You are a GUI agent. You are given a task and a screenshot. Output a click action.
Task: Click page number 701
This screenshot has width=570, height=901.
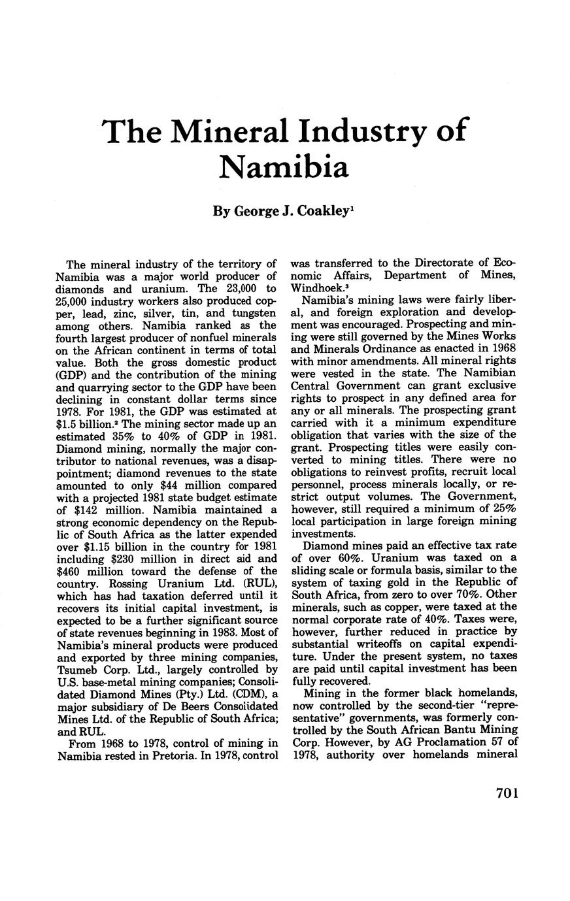(x=507, y=793)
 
